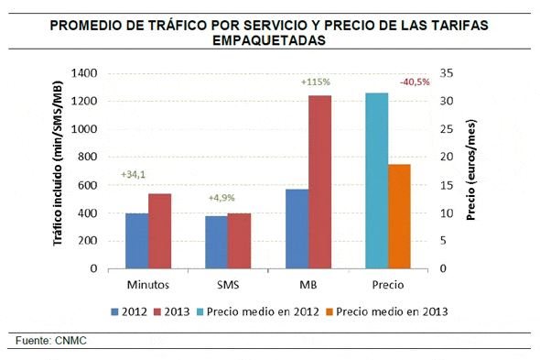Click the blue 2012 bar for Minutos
136,241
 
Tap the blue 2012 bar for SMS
216,242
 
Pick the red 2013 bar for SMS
239,241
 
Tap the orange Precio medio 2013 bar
399,216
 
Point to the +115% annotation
315,82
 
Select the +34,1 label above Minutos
135,175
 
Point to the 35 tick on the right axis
446,73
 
